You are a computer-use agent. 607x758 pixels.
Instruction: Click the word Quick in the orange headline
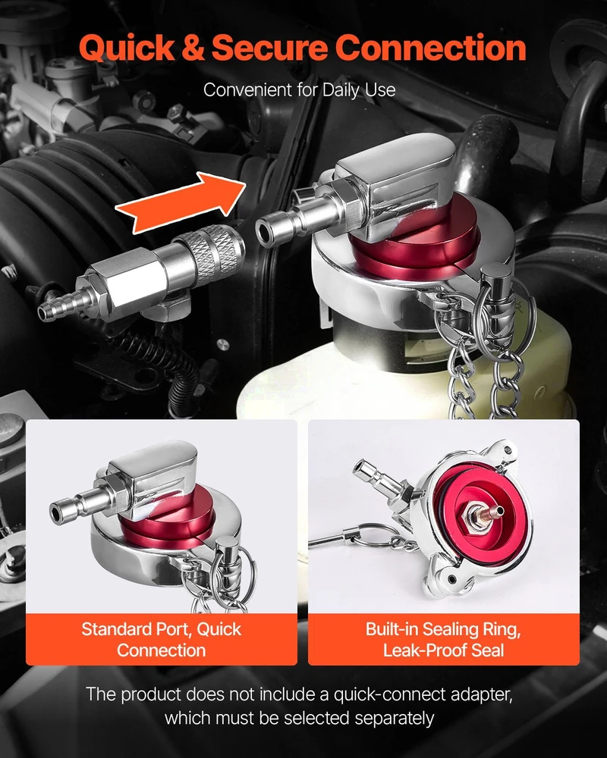click(x=127, y=49)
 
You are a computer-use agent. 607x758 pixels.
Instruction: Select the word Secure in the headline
click(x=269, y=49)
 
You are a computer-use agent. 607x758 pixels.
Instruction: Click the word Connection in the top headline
click(x=430, y=49)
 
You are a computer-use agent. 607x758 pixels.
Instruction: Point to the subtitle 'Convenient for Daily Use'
click(x=299, y=90)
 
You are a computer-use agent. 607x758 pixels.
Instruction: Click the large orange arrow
click(x=180, y=202)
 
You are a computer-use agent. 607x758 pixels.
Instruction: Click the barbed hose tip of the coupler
click(x=58, y=305)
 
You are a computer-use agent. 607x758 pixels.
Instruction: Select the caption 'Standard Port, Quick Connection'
click(x=161, y=640)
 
